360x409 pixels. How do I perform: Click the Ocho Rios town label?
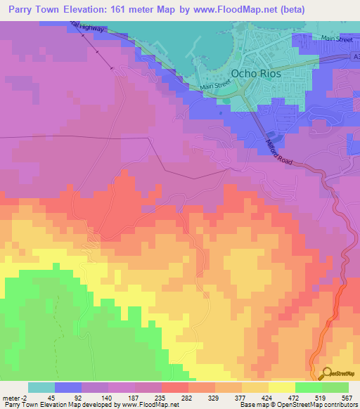[256, 73]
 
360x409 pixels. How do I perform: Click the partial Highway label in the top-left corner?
[88, 26]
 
